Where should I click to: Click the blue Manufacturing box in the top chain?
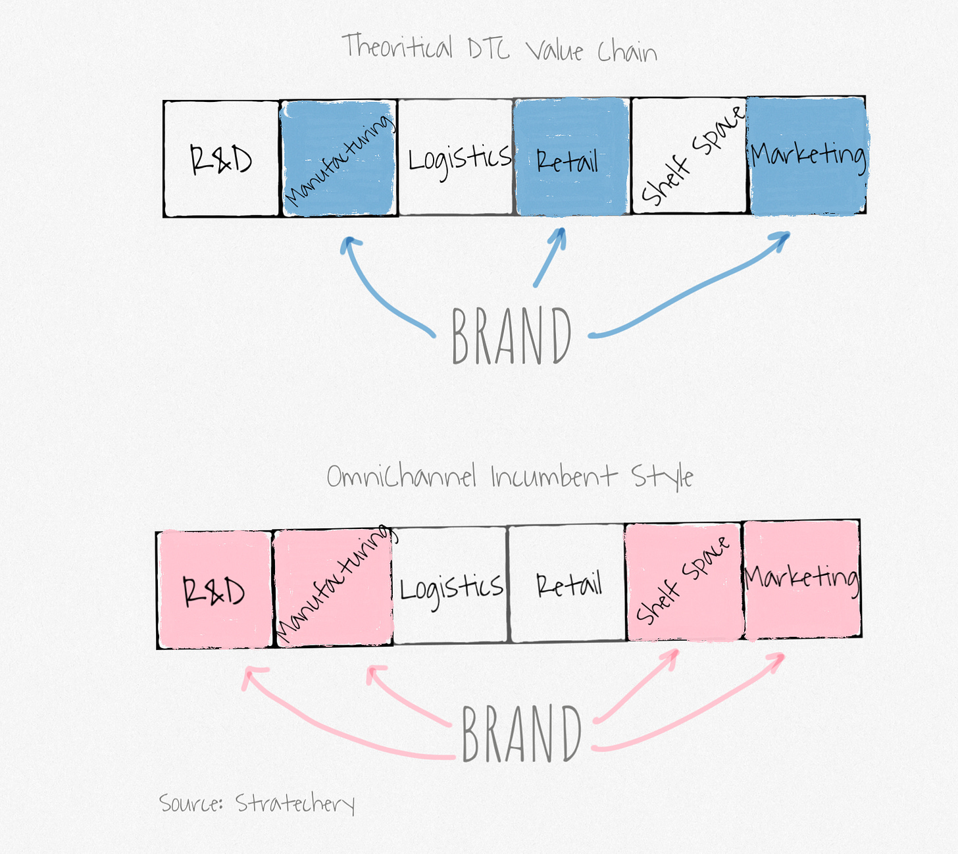tap(339, 158)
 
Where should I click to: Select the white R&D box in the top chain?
tap(221, 159)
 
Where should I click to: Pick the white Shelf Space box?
tap(689, 157)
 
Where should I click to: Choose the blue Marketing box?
tap(807, 156)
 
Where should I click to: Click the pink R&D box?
tap(214, 589)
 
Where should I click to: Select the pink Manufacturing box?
tap(333, 588)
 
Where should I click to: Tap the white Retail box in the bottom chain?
tap(567, 583)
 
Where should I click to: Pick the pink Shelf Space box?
tap(684, 582)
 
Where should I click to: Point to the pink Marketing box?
tap(802, 579)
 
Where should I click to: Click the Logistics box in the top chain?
tap(456, 157)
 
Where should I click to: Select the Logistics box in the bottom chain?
tap(451, 585)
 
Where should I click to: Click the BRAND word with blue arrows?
tap(512, 336)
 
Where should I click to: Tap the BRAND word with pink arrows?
tap(521, 733)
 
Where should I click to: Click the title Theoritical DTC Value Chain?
tap(499, 48)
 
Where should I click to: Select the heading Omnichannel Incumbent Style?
tap(510, 476)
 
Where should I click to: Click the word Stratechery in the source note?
tap(295, 803)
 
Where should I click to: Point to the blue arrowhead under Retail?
tap(559, 237)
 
